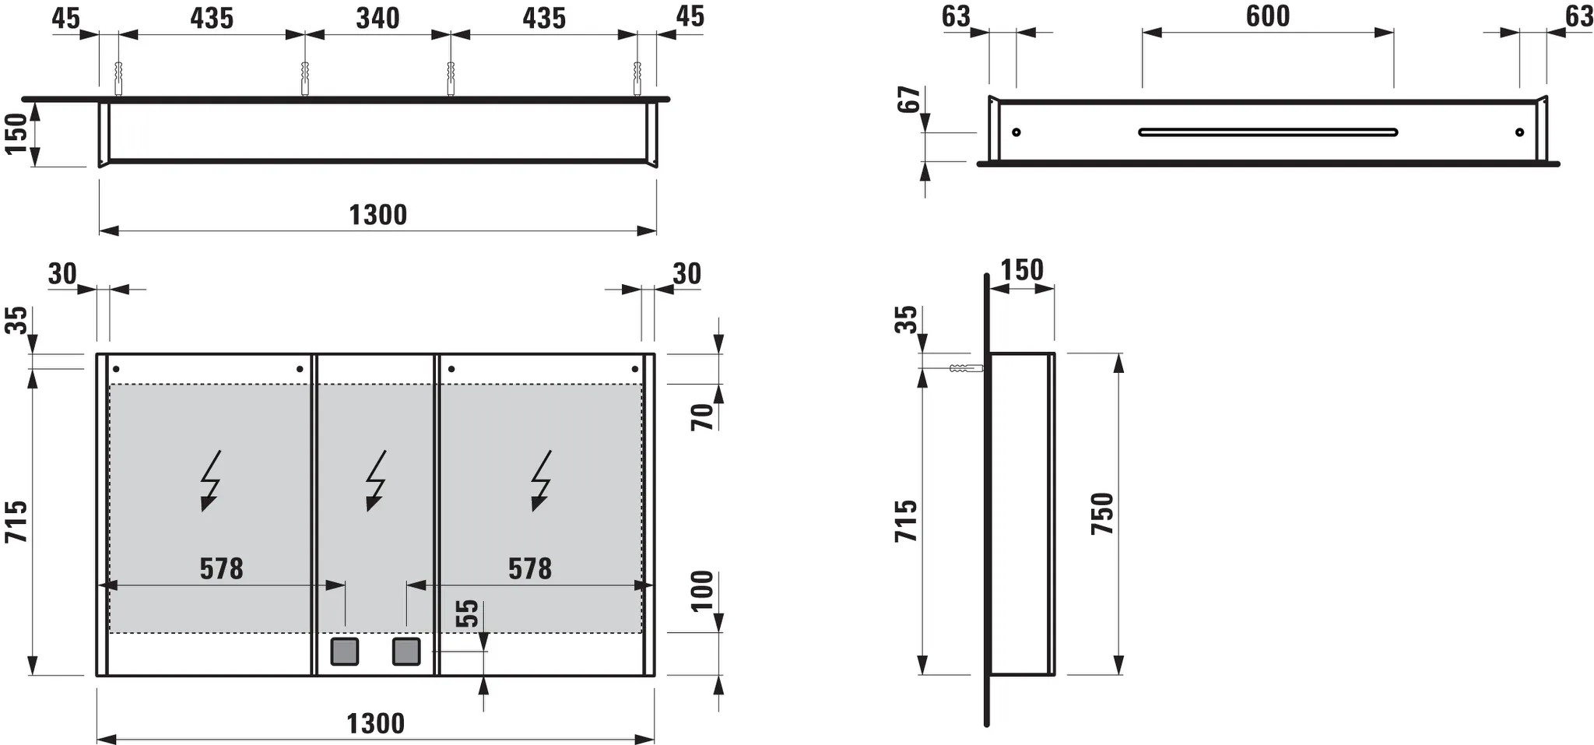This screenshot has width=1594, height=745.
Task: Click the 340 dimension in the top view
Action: coord(377,18)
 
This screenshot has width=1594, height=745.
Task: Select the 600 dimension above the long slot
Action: coord(1267,16)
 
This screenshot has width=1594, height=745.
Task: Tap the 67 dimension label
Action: coord(909,100)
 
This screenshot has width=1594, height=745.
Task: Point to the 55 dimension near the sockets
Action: coord(466,613)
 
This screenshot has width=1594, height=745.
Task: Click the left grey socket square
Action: coord(344,651)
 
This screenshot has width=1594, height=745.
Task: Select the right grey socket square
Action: coord(406,651)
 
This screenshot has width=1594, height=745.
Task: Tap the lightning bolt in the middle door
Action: coord(376,480)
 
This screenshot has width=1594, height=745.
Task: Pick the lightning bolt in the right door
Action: coord(540,480)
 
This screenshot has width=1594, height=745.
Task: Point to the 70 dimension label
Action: coord(702,417)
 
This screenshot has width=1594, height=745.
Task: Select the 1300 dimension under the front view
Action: coord(375,723)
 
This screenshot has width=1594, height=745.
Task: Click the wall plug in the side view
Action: coord(965,368)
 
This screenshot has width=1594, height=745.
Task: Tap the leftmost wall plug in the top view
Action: coord(118,79)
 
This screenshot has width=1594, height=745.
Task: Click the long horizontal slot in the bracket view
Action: coord(1267,132)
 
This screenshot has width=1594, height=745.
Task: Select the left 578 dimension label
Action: coord(221,569)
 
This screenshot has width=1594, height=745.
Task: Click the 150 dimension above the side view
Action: coord(1021,270)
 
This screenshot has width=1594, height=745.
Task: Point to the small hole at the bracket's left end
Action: coord(1016,132)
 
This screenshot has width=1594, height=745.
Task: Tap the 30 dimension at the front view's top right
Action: coord(686,274)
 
